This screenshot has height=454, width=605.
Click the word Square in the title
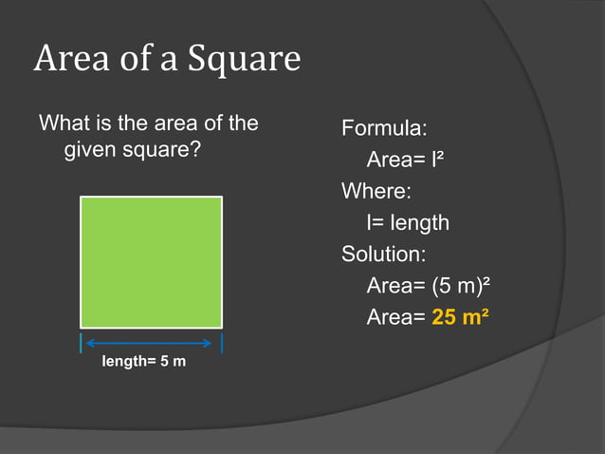[x=246, y=59]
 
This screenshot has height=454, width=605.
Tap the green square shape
[x=151, y=262]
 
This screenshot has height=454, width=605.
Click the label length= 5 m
[x=144, y=364]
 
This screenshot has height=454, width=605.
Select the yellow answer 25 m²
[x=460, y=317]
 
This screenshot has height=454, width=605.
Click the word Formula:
[x=384, y=127]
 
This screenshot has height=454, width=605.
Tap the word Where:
[x=376, y=191]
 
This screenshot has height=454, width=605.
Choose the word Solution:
[x=384, y=255]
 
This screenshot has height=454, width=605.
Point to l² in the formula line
[x=437, y=160]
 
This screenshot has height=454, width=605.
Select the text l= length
[x=408, y=223]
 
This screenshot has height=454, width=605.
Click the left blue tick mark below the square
[x=81, y=343]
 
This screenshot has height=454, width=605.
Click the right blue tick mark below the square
[x=222, y=343]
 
